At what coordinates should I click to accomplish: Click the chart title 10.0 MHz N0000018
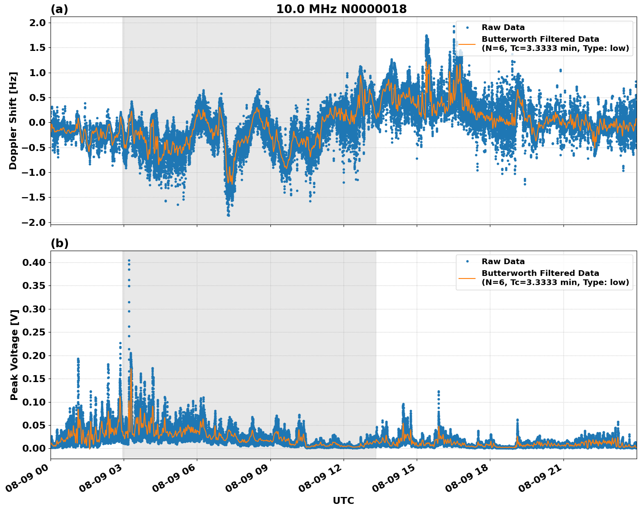[341, 9]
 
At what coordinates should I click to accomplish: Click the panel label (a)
[59, 9]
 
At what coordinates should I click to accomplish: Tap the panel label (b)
[59, 243]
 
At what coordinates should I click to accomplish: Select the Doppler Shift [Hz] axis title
[13, 121]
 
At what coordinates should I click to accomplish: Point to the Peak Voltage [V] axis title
[14, 355]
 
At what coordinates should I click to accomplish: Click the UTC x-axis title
[343, 501]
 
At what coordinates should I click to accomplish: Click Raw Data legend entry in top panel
[503, 27]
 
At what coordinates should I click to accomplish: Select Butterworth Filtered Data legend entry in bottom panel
[555, 278]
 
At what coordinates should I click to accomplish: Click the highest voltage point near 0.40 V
[129, 260]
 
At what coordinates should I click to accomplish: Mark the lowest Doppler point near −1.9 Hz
[228, 215]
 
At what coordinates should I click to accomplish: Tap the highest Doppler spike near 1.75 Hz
[426, 36]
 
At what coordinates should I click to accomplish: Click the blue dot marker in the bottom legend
[467, 262]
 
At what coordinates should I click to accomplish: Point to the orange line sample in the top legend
[467, 44]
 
